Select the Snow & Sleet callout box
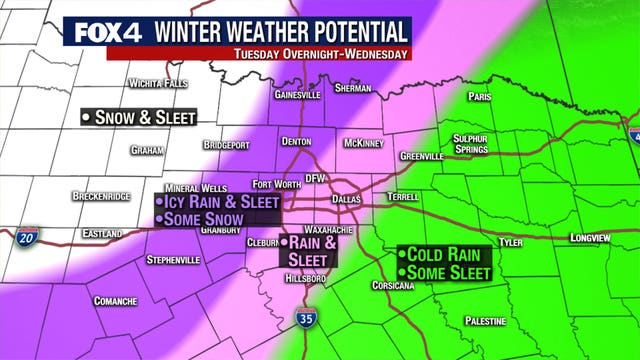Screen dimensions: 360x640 click(x=139, y=117)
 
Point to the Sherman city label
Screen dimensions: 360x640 click(x=354, y=88)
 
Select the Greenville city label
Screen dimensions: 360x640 click(x=421, y=157)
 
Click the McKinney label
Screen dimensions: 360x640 click(x=362, y=143)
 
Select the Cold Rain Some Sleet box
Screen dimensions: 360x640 click(x=445, y=263)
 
